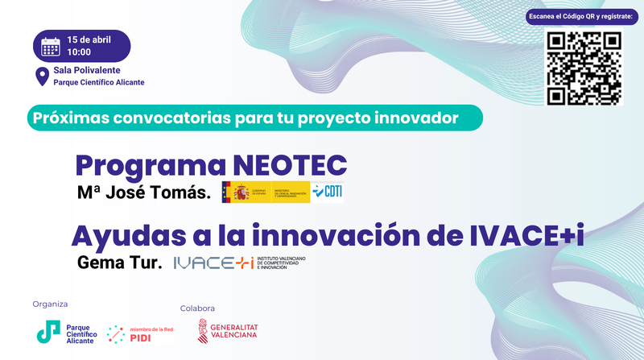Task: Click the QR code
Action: point(584,68)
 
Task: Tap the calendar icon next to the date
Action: point(51,45)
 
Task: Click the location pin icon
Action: point(41,77)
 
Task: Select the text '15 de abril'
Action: point(90,39)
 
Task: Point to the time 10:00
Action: point(79,52)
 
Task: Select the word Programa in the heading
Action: point(150,165)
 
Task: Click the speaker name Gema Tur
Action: point(120,263)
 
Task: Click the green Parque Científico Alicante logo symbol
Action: point(48,331)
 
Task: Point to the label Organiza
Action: point(50,304)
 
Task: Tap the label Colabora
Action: point(197,308)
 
